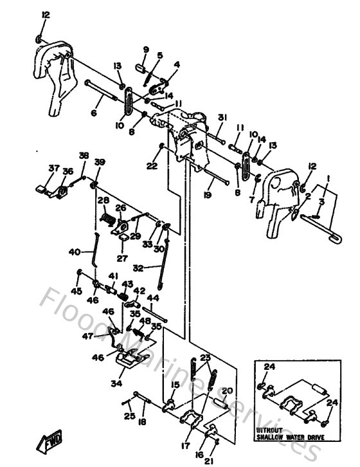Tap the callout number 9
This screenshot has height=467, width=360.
[x=145, y=50]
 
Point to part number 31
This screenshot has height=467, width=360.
[x=222, y=117]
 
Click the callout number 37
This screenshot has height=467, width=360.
[x=53, y=169]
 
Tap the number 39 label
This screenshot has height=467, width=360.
[x=99, y=161]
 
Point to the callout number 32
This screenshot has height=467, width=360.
[x=138, y=268]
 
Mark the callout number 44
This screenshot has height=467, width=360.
[x=152, y=298]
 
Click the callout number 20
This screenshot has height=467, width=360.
[x=226, y=390]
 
